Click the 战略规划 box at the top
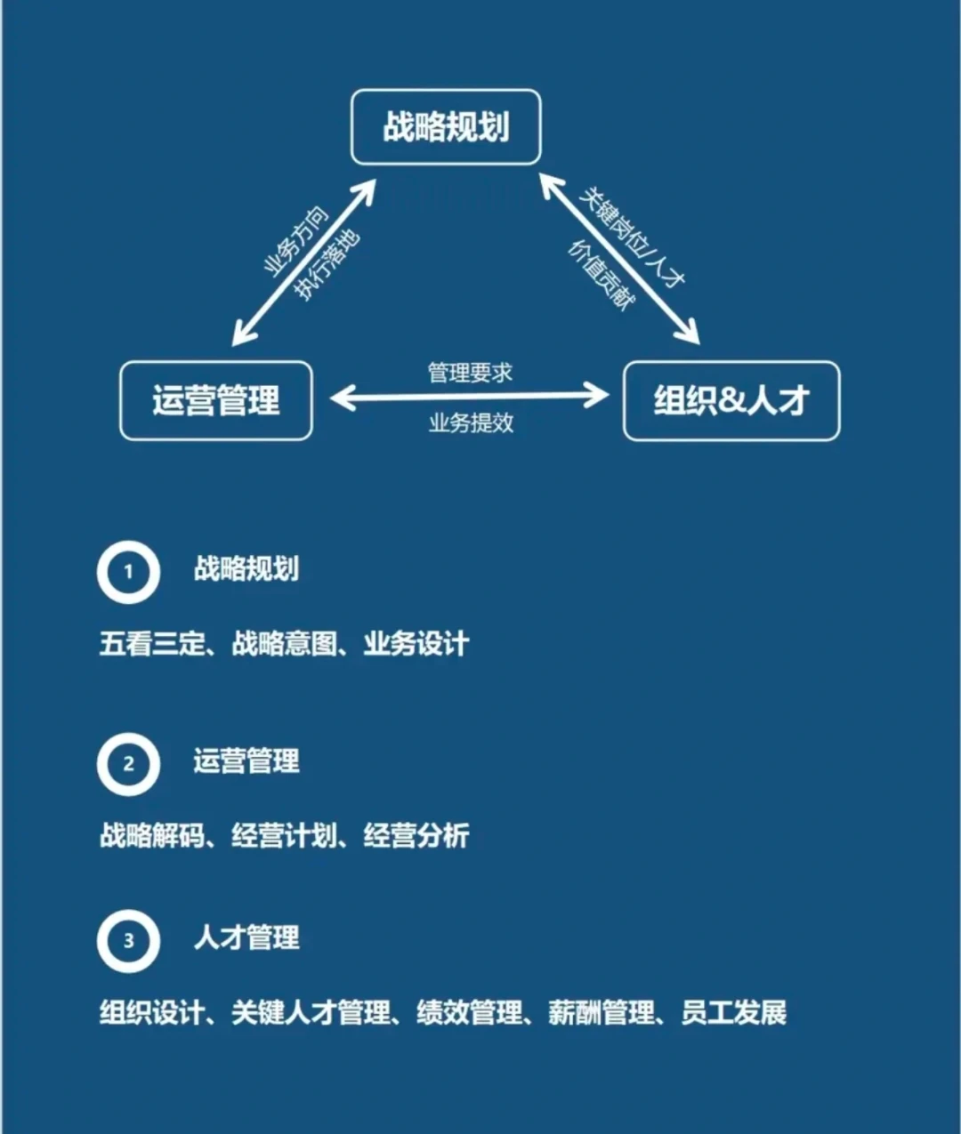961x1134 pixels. tap(446, 127)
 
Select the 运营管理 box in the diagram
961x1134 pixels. tap(216, 400)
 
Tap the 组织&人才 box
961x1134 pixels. tap(731, 400)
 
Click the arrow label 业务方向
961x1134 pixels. tap(295, 240)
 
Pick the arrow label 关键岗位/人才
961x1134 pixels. tap(631, 236)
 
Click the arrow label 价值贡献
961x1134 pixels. tap(602, 274)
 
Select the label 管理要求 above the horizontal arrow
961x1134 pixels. tap(470, 372)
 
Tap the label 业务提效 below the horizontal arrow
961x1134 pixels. tap(471, 422)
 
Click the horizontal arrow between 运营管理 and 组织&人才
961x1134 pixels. tap(469, 397)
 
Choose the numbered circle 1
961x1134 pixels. tap(128, 572)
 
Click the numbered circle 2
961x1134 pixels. tap(128, 763)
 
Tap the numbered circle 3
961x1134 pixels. tap(128, 940)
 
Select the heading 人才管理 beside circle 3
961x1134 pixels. tap(246, 937)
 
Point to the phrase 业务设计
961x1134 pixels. tap(416, 643)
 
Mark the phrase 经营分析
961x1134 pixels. tap(416, 835)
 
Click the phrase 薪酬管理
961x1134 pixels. tap(601, 1012)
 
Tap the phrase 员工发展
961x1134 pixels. tap(733, 1012)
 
